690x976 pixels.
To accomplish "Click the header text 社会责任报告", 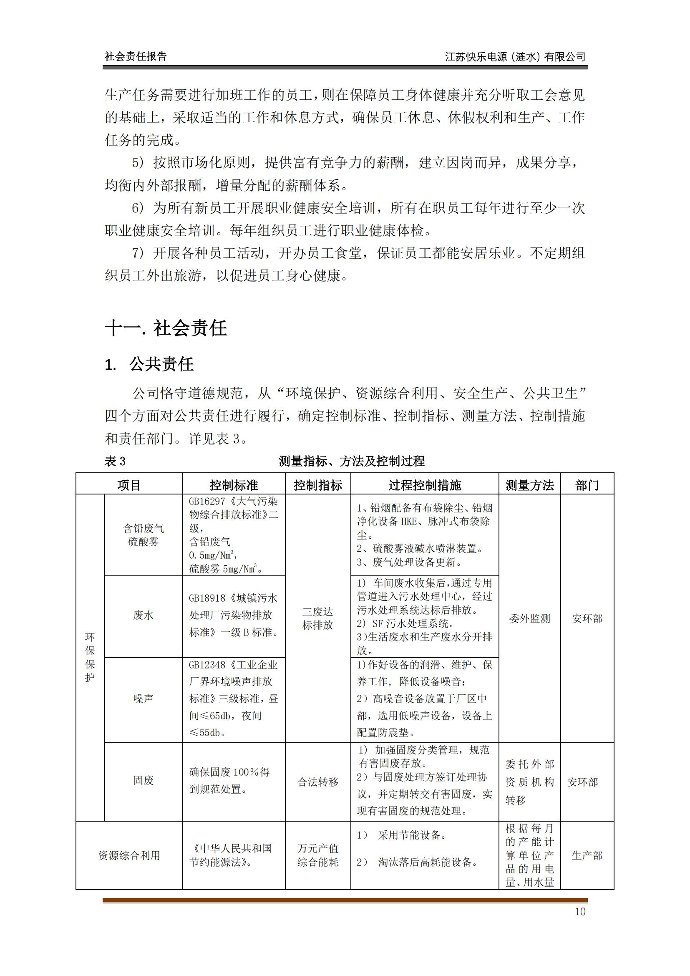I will click(136, 56).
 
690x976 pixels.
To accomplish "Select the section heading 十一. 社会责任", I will click(166, 328).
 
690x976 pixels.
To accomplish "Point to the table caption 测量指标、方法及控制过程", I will click(351, 461).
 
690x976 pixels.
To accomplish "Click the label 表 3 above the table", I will click(115, 461).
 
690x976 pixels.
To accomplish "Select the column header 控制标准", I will click(234, 485).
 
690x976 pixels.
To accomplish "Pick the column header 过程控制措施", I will click(424, 485).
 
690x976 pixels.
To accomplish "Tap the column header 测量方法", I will click(529, 485).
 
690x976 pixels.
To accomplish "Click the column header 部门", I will click(587, 485).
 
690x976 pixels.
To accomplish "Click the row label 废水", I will click(143, 615).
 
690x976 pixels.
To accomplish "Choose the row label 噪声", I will click(143, 699).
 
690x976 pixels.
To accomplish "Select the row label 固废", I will click(143, 780).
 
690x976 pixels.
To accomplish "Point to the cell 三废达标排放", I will click(317, 618).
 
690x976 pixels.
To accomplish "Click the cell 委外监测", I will click(529, 618).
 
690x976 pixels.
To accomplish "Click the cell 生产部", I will click(587, 855).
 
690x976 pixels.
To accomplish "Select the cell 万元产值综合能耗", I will click(317, 855).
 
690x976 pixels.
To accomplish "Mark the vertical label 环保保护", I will click(90, 657).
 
